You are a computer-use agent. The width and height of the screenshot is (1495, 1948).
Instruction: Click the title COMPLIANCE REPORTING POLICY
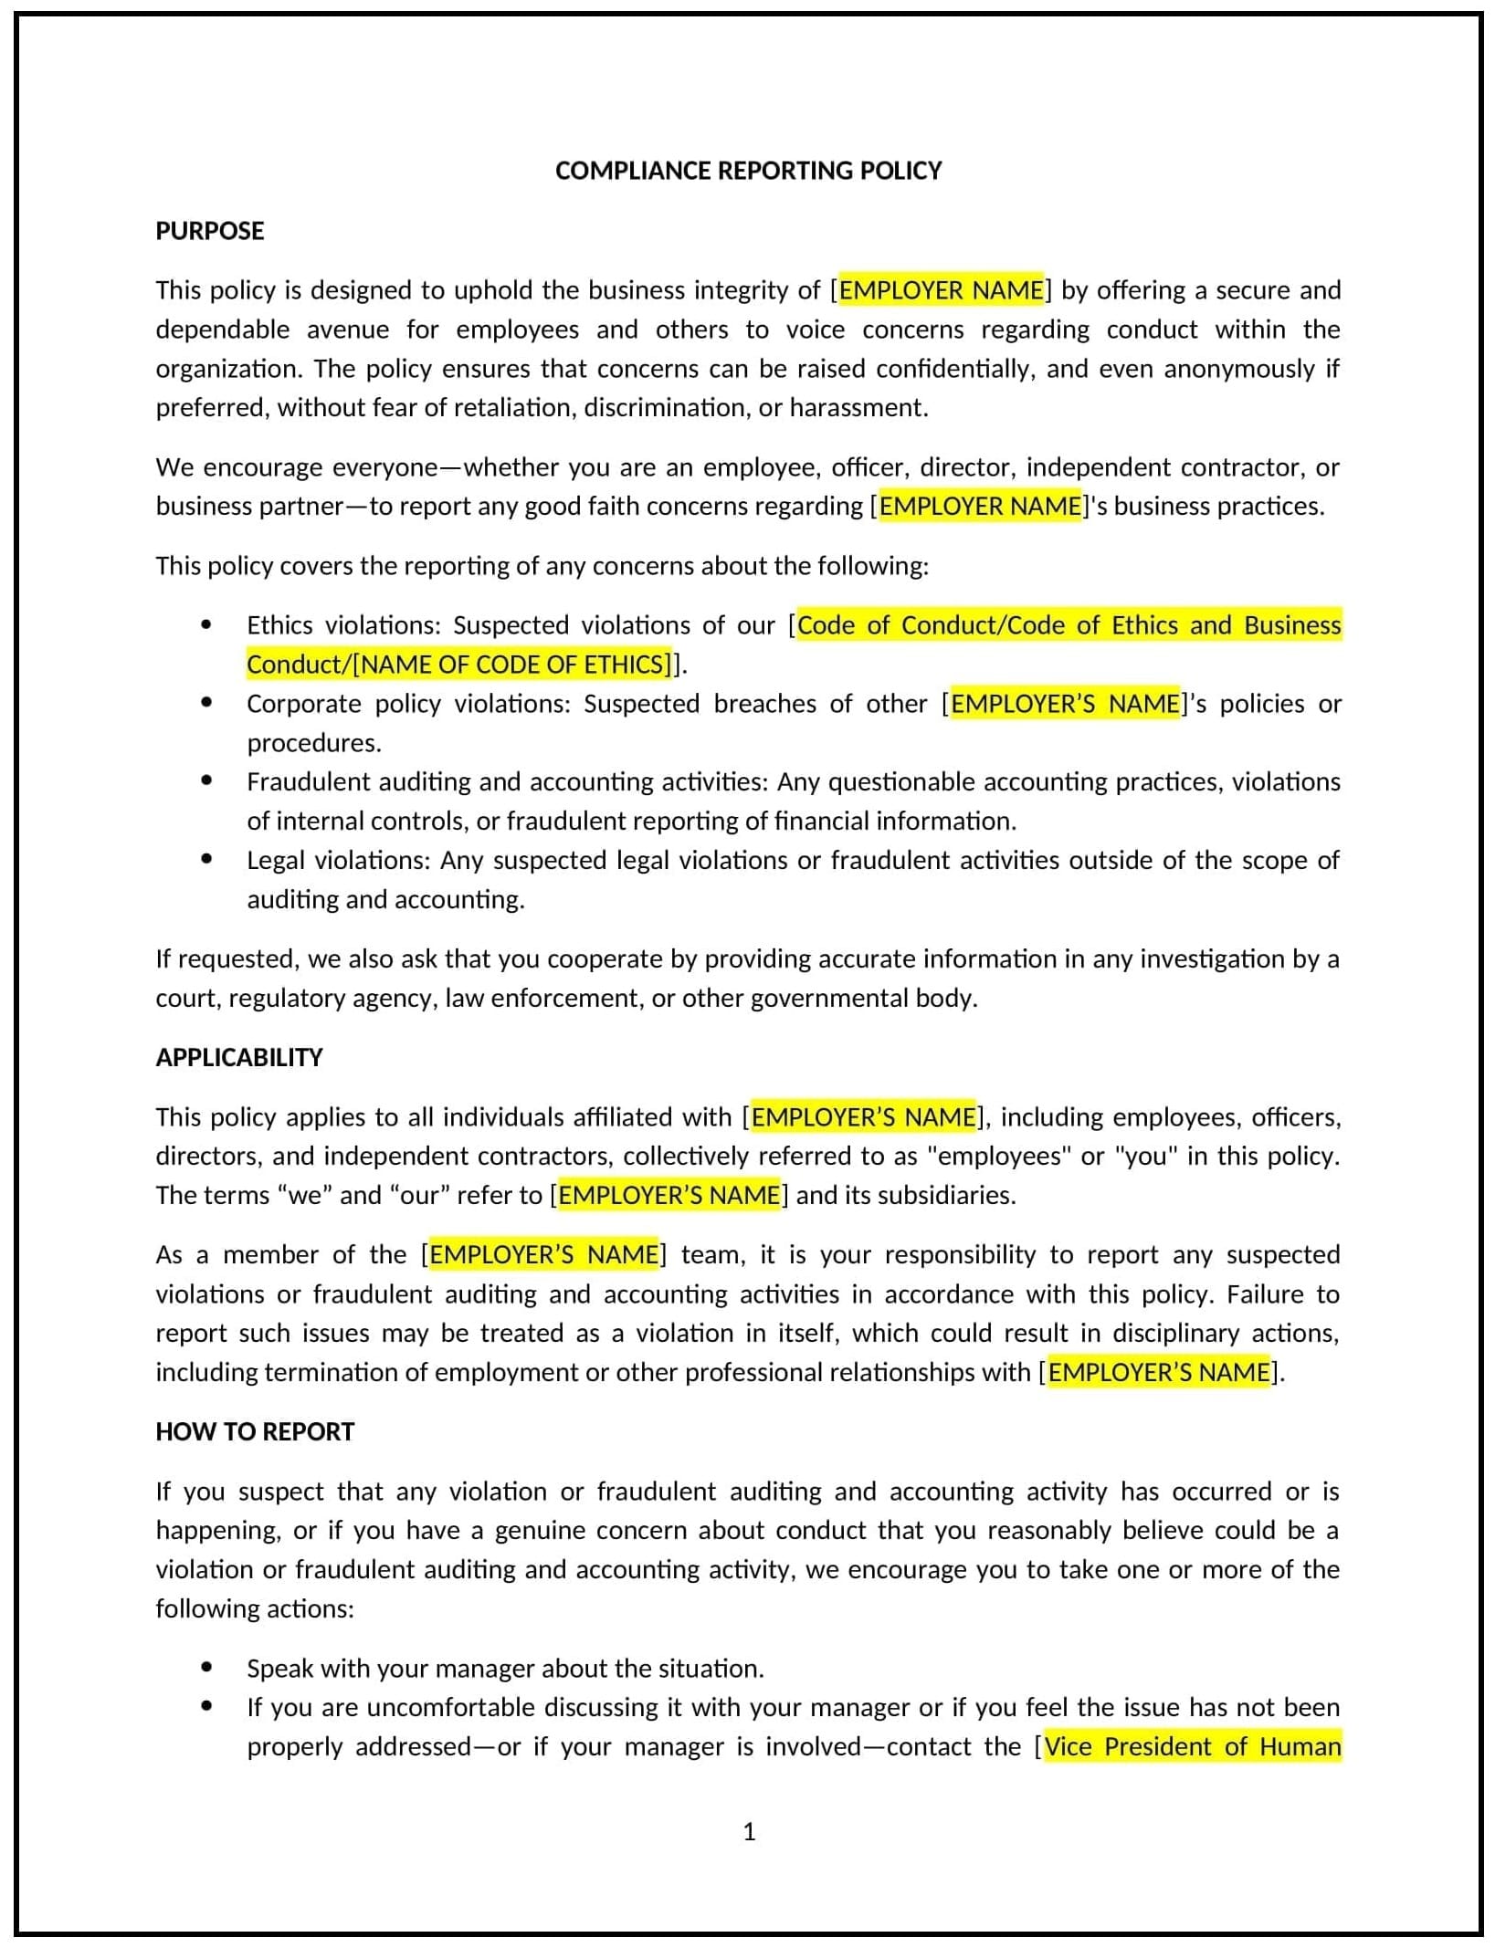click(748, 171)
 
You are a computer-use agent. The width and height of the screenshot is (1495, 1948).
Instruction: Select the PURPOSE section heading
click(209, 231)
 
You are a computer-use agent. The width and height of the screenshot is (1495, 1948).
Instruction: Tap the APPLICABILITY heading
click(239, 1057)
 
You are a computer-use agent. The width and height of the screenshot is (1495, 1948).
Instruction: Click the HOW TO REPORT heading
click(254, 1431)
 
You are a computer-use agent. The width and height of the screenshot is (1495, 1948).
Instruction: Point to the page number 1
click(749, 1832)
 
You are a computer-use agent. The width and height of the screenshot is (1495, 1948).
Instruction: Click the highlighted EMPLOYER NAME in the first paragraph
click(941, 290)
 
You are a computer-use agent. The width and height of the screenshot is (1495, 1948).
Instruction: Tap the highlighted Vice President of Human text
click(1192, 1746)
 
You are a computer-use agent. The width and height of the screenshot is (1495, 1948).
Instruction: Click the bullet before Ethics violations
click(206, 624)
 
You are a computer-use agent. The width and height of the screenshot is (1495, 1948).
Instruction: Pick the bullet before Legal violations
click(206, 859)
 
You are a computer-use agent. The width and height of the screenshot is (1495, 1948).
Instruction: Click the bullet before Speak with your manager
click(206, 1667)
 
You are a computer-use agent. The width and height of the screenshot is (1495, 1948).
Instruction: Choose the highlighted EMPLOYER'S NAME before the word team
click(543, 1255)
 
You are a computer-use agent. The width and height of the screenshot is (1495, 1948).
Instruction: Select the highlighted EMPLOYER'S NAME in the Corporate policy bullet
click(1065, 704)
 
